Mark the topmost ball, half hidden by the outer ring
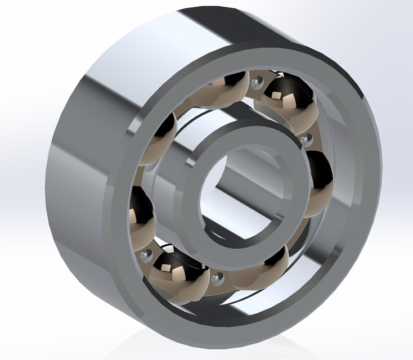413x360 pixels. click(x=225, y=84)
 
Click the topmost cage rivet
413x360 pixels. click(x=257, y=83)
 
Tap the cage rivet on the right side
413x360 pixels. click(x=307, y=137)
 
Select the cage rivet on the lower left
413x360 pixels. click(x=147, y=255)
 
